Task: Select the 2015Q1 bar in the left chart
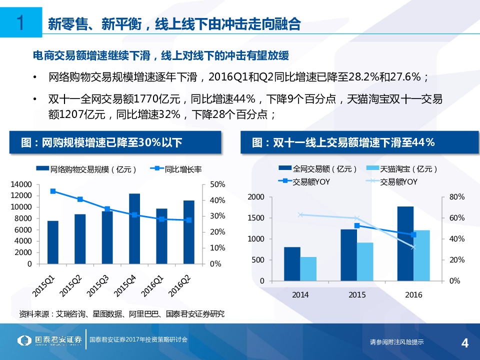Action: coord(53,242)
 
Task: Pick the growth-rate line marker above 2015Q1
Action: coord(53,191)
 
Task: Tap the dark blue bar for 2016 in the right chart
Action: coord(405,243)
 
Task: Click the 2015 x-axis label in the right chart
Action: coord(357,294)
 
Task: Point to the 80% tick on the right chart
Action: coord(457,197)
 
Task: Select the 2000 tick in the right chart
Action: coord(255,197)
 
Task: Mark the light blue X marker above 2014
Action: coord(300,215)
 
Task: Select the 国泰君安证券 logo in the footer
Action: coord(49,340)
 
